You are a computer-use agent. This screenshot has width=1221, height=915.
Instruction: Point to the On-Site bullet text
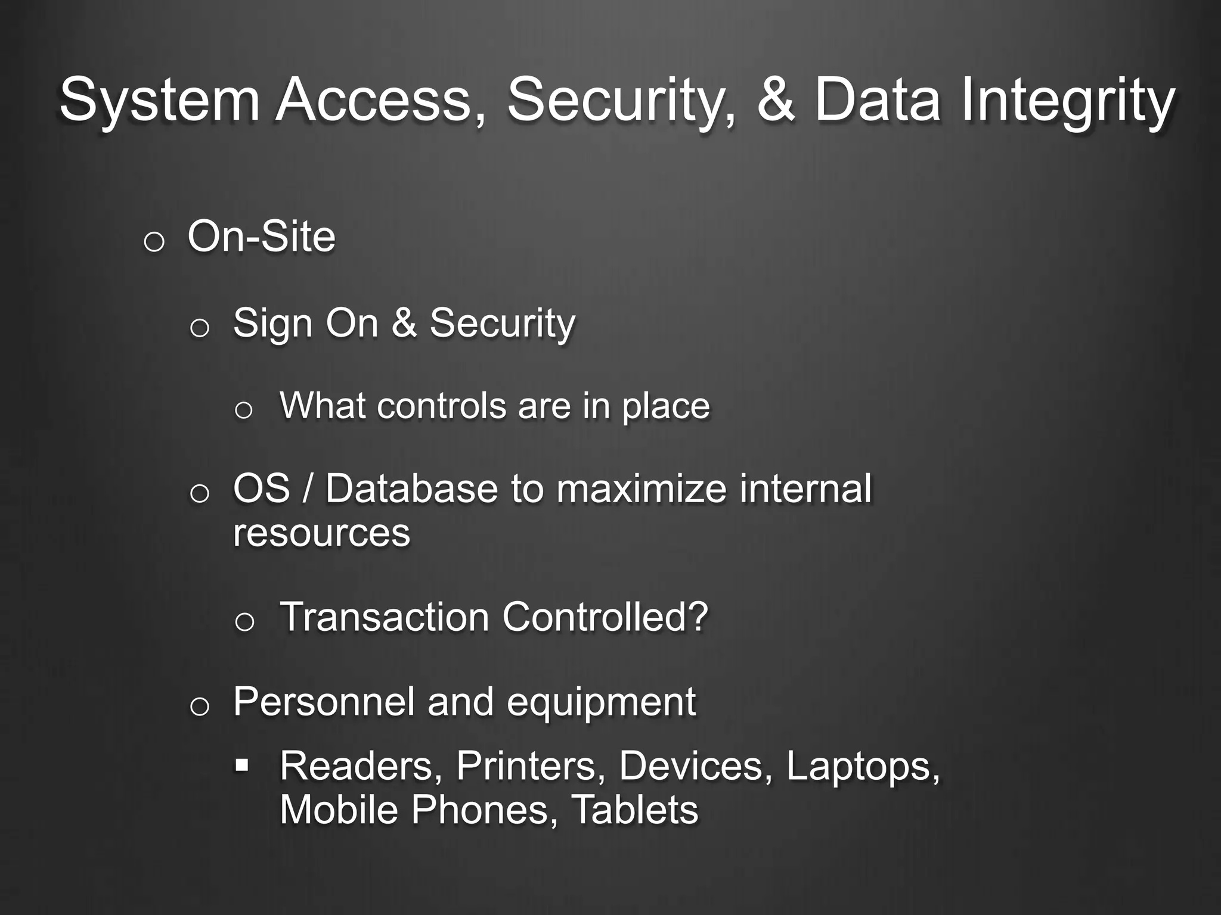261,237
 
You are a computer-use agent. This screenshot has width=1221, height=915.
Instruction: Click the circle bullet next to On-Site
154,242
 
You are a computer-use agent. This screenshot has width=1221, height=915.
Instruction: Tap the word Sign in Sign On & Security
272,323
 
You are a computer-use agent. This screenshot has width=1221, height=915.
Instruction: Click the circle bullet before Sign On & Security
200,328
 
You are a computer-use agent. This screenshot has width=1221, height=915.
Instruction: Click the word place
666,407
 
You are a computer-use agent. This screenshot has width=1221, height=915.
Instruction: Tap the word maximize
641,488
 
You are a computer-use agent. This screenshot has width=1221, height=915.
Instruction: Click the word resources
321,533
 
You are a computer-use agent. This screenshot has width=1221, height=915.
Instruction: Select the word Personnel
324,702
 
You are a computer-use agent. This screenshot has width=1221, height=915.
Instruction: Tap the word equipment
601,703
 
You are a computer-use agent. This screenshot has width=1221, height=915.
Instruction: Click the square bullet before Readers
241,764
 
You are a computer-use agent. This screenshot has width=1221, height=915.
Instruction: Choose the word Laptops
862,766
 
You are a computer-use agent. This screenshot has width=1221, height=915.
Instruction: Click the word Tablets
634,810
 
